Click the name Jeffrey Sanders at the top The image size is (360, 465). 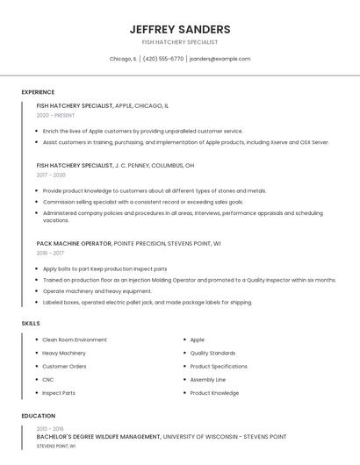coord(180,29)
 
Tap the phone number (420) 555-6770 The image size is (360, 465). coord(163,59)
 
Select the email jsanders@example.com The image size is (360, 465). coord(220,59)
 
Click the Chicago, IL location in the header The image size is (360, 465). coord(123,59)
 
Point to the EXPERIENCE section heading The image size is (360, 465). coord(38,92)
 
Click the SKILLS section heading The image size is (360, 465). coord(31,324)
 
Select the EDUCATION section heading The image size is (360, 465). coord(39,416)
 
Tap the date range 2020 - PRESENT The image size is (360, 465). coord(55,115)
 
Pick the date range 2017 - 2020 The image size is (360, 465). coord(51,175)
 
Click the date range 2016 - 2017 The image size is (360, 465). coord(49,253)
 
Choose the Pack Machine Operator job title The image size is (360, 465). coord(74,243)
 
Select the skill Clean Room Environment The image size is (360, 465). coord(75,340)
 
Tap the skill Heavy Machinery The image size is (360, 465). coord(64,353)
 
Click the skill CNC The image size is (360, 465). coord(48,379)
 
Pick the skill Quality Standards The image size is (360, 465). coord(212,353)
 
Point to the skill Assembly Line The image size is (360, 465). coord(208,379)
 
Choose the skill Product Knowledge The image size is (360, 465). coord(214,393)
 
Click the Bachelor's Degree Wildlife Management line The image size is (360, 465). coord(162,436)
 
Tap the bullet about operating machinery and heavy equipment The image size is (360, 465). coord(97,291)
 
